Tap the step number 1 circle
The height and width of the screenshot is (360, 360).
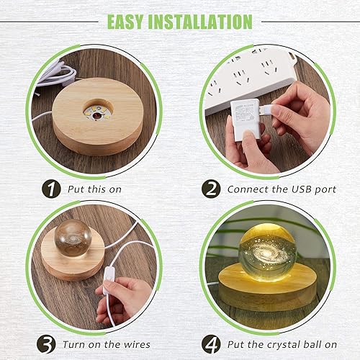point(50,189)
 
